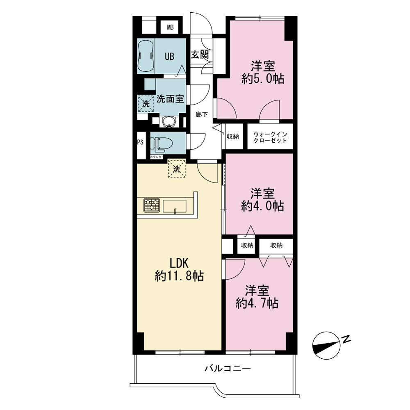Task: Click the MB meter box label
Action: tap(170, 27)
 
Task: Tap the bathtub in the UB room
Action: tap(146, 55)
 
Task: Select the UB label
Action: tap(169, 56)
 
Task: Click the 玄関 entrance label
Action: tap(200, 55)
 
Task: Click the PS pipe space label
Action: tap(140, 142)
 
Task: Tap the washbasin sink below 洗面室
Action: tap(169, 122)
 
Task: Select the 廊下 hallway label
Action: tap(202, 114)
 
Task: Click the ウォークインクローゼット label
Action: tap(270, 137)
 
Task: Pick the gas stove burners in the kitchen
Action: tap(151, 205)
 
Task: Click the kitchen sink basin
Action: tap(175, 206)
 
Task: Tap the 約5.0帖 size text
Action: tap(263, 79)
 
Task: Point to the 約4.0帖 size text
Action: tap(262, 206)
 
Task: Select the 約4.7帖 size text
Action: tap(257, 303)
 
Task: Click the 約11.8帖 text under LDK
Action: tap(180, 276)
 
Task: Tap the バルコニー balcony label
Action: tap(228, 369)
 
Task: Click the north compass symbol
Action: tap(327, 345)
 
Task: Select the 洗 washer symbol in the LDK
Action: tap(177, 169)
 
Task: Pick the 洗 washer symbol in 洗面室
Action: tap(146, 104)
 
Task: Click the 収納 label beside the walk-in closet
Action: tap(233, 136)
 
